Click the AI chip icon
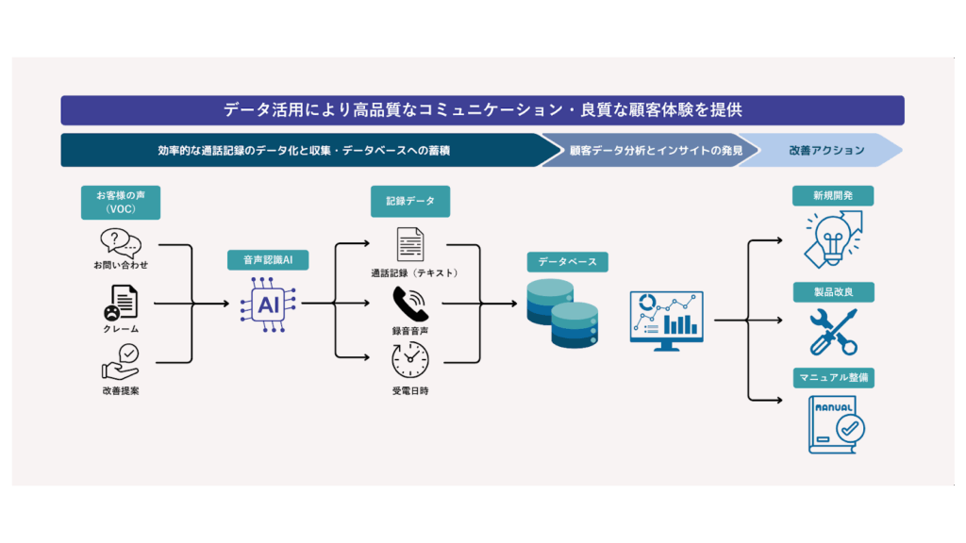(268, 304)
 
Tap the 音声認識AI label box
(268, 260)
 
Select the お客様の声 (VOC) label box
(121, 203)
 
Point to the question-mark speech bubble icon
(121, 243)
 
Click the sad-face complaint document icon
(121, 303)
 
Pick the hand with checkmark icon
(121, 362)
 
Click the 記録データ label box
(410, 202)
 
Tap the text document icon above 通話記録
(410, 244)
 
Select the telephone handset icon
(410, 304)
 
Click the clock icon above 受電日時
(410, 359)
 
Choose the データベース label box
(567, 262)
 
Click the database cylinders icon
(562, 313)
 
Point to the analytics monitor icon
(667, 321)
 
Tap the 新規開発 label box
(833, 196)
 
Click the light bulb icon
(834, 239)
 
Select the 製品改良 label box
(834, 292)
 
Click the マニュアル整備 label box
(834, 377)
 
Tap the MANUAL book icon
(837, 425)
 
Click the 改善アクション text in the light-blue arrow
(826, 150)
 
